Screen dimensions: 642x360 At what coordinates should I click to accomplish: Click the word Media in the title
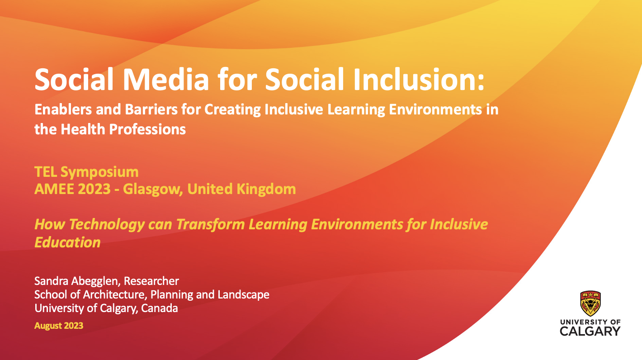click(x=166, y=80)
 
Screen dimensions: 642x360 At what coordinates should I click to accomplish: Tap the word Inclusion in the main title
click(x=419, y=80)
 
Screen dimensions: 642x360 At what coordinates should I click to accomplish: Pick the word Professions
click(x=147, y=129)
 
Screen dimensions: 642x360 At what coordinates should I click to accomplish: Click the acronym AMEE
click(x=54, y=189)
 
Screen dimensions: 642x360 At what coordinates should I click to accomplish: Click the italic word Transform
click(x=210, y=224)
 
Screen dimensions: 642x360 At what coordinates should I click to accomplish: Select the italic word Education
click(x=68, y=242)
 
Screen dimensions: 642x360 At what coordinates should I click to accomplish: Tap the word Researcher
click(x=151, y=281)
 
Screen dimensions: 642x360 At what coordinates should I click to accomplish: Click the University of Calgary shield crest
click(x=590, y=303)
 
